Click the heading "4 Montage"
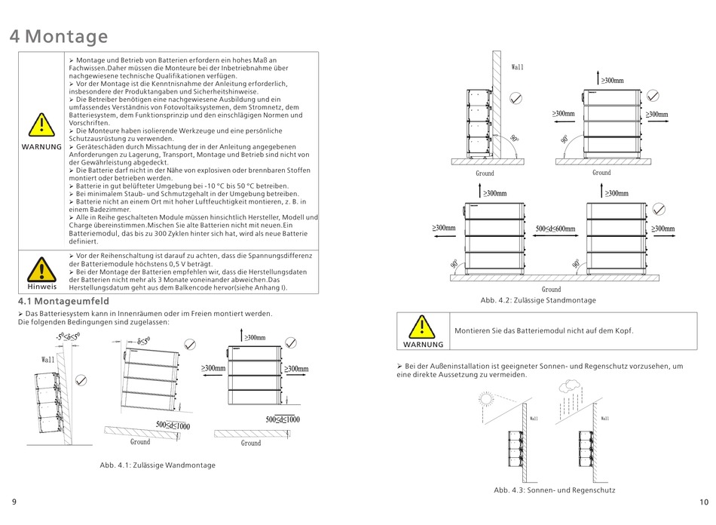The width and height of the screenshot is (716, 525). point(59,36)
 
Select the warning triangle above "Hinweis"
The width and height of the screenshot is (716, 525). point(41,269)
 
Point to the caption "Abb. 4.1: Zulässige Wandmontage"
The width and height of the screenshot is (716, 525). point(152,465)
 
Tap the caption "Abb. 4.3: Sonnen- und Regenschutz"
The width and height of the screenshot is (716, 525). point(554,490)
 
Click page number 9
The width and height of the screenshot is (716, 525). point(14,502)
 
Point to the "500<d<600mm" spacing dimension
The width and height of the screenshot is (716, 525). point(555,229)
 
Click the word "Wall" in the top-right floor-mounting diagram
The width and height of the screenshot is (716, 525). point(517,67)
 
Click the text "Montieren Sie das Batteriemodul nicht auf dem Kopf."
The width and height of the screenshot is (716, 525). point(543,330)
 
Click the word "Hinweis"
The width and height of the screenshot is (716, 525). point(41,287)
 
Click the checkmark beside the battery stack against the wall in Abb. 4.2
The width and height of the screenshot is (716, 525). point(516,99)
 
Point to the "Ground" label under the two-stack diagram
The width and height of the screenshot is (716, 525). point(551,289)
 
